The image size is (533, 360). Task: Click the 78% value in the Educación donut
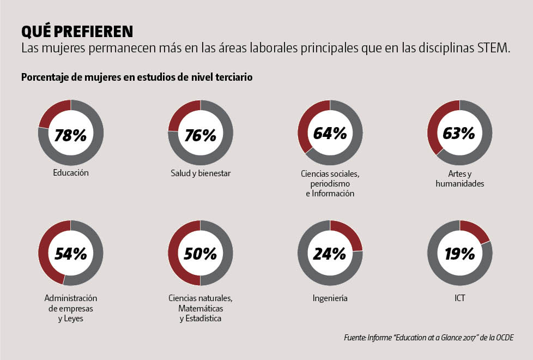click(x=71, y=135)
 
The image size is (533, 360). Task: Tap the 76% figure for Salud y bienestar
click(x=201, y=135)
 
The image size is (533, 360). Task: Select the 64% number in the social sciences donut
click(x=330, y=133)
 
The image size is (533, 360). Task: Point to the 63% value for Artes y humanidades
click(x=459, y=133)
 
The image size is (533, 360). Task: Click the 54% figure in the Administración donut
click(x=71, y=254)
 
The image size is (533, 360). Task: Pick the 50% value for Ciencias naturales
click(x=201, y=254)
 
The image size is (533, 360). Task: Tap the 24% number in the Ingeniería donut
click(x=330, y=254)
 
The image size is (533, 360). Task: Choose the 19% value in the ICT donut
click(x=459, y=254)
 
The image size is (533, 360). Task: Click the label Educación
click(x=71, y=173)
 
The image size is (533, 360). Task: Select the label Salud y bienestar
click(x=201, y=173)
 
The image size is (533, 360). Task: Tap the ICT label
click(x=459, y=298)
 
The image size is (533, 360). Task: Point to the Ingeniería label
click(x=330, y=298)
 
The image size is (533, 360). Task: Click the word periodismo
click(x=330, y=184)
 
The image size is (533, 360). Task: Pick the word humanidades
click(x=460, y=184)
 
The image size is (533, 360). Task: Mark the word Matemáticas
click(x=201, y=309)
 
